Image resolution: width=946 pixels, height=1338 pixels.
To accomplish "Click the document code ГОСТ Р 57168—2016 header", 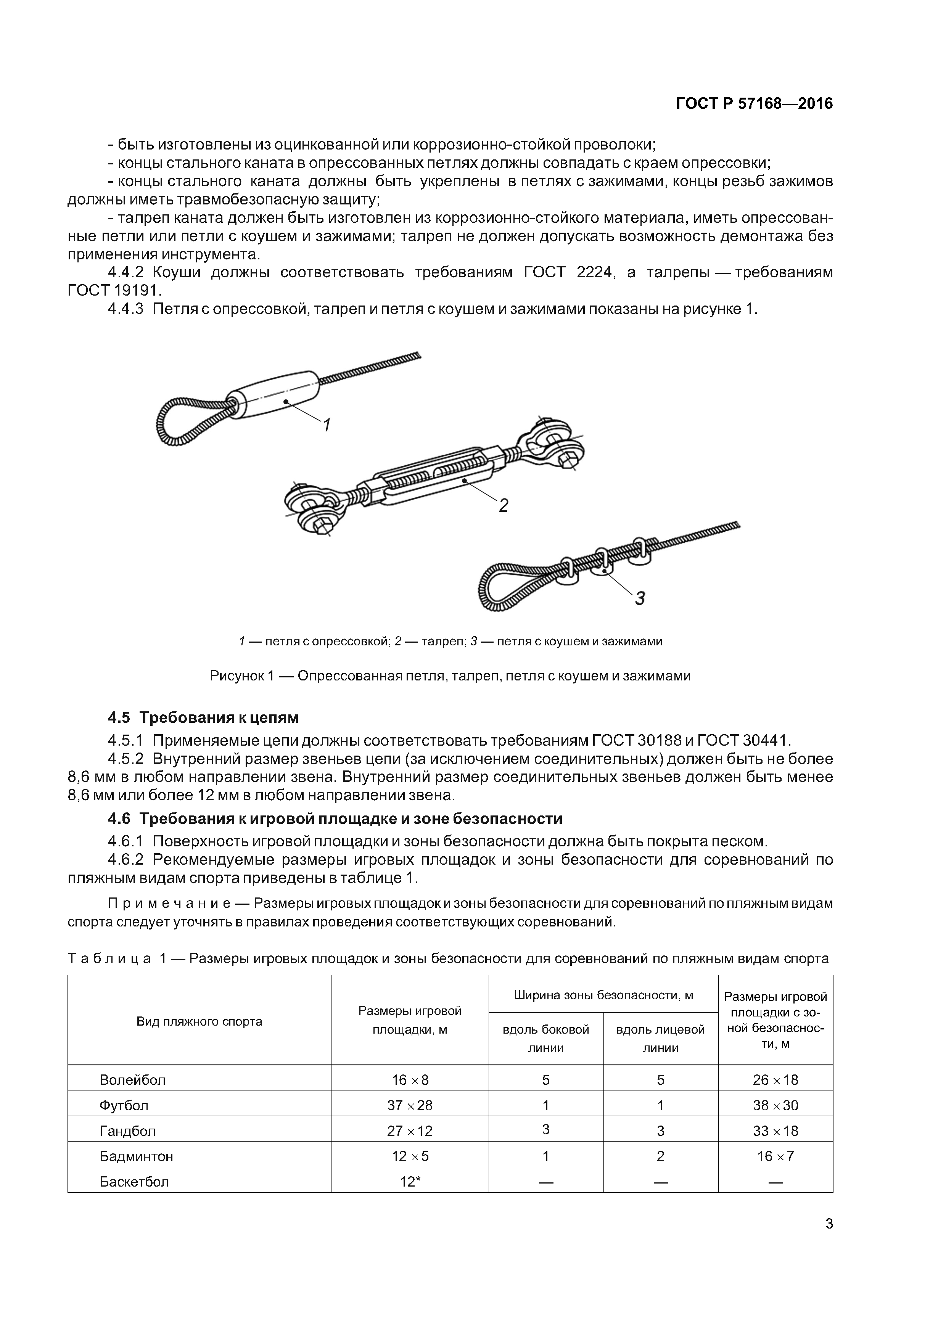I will coord(754,104).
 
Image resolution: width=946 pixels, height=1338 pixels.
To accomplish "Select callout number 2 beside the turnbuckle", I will coord(504,505).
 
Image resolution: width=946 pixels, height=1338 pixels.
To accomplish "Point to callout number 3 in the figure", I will coord(640,598).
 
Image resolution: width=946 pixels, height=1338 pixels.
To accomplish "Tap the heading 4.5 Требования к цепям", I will coord(203,717).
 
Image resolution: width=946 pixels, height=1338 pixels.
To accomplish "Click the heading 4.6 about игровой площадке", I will coord(335,819).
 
